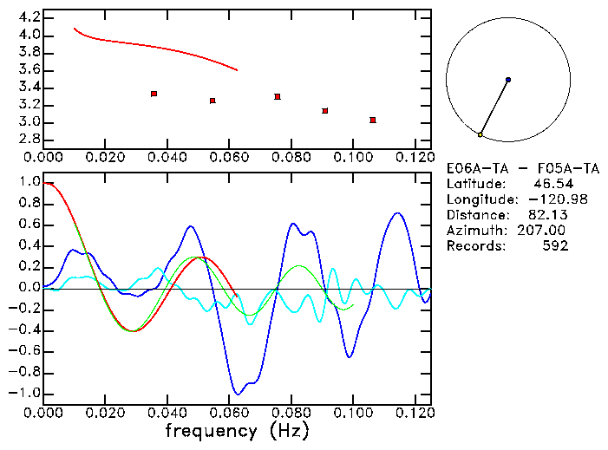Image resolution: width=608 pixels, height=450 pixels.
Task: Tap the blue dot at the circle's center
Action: pos(508,80)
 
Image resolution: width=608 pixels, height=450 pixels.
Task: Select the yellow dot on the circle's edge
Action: pos(480,134)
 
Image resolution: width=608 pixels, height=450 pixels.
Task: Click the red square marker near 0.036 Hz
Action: pos(154,94)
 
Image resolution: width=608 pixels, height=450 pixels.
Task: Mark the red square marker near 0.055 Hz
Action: pos(212,101)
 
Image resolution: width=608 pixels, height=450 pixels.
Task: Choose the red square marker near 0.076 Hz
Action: pos(278,96)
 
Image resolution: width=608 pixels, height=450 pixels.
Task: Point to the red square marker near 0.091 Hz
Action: pos(324,111)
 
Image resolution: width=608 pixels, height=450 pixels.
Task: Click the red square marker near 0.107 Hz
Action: pos(373,120)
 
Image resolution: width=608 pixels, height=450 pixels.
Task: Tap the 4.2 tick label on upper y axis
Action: pos(29,17)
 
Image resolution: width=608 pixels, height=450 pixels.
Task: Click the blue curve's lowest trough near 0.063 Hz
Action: pos(237,394)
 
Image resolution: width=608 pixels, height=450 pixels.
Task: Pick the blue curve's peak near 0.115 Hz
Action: pos(397,212)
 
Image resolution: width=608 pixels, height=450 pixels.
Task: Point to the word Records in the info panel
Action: pos(474,246)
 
